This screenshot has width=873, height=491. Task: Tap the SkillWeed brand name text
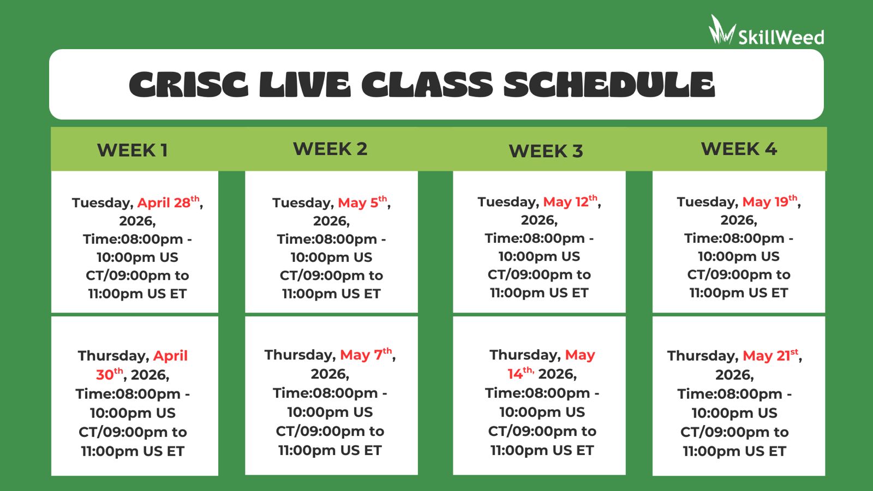pyautogui.click(x=781, y=38)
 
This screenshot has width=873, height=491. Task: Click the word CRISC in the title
pyautogui.click(x=188, y=84)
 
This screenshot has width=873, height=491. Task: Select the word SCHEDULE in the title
pyautogui.click(x=609, y=84)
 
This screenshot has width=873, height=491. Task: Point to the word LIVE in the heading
pyautogui.click(x=305, y=84)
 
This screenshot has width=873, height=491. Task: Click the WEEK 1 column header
pyautogui.click(x=133, y=151)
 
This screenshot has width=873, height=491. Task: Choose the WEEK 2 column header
pyautogui.click(x=330, y=149)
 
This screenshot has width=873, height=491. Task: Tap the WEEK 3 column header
pyautogui.click(x=546, y=151)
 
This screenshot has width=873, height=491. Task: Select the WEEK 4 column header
pyautogui.click(x=739, y=149)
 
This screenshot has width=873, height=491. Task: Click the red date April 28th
pyautogui.click(x=169, y=202)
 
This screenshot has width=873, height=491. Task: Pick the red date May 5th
pyautogui.click(x=362, y=202)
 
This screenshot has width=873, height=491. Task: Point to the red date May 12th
pyautogui.click(x=570, y=201)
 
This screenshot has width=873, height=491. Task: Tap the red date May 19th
pyautogui.click(x=770, y=201)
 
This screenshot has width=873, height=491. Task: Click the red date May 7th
pyautogui.click(x=366, y=354)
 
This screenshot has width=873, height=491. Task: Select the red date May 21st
pyautogui.click(x=770, y=355)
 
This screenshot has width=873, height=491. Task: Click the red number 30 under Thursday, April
pyautogui.click(x=105, y=375)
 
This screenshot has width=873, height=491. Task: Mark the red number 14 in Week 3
pyautogui.click(x=515, y=374)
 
